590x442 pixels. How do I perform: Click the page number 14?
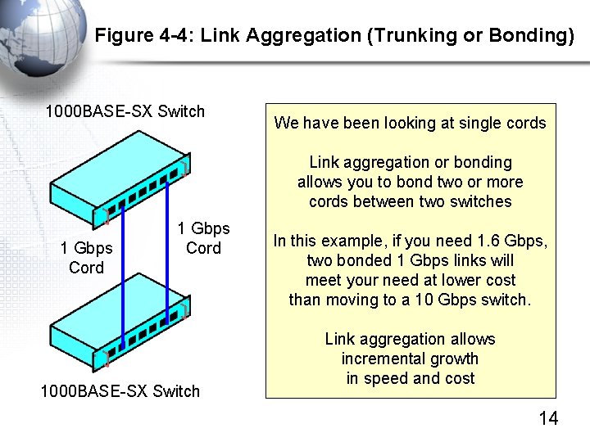(x=548, y=419)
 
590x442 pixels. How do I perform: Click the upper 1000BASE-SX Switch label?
(x=125, y=111)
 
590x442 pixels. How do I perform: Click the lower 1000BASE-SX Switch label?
(x=120, y=391)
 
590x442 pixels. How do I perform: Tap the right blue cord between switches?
(x=167, y=246)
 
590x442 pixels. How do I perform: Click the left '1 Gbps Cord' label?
(x=86, y=258)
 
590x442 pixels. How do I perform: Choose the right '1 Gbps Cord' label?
(x=203, y=238)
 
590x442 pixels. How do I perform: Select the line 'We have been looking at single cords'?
(x=410, y=124)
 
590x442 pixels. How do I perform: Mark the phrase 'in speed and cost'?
(x=410, y=379)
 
